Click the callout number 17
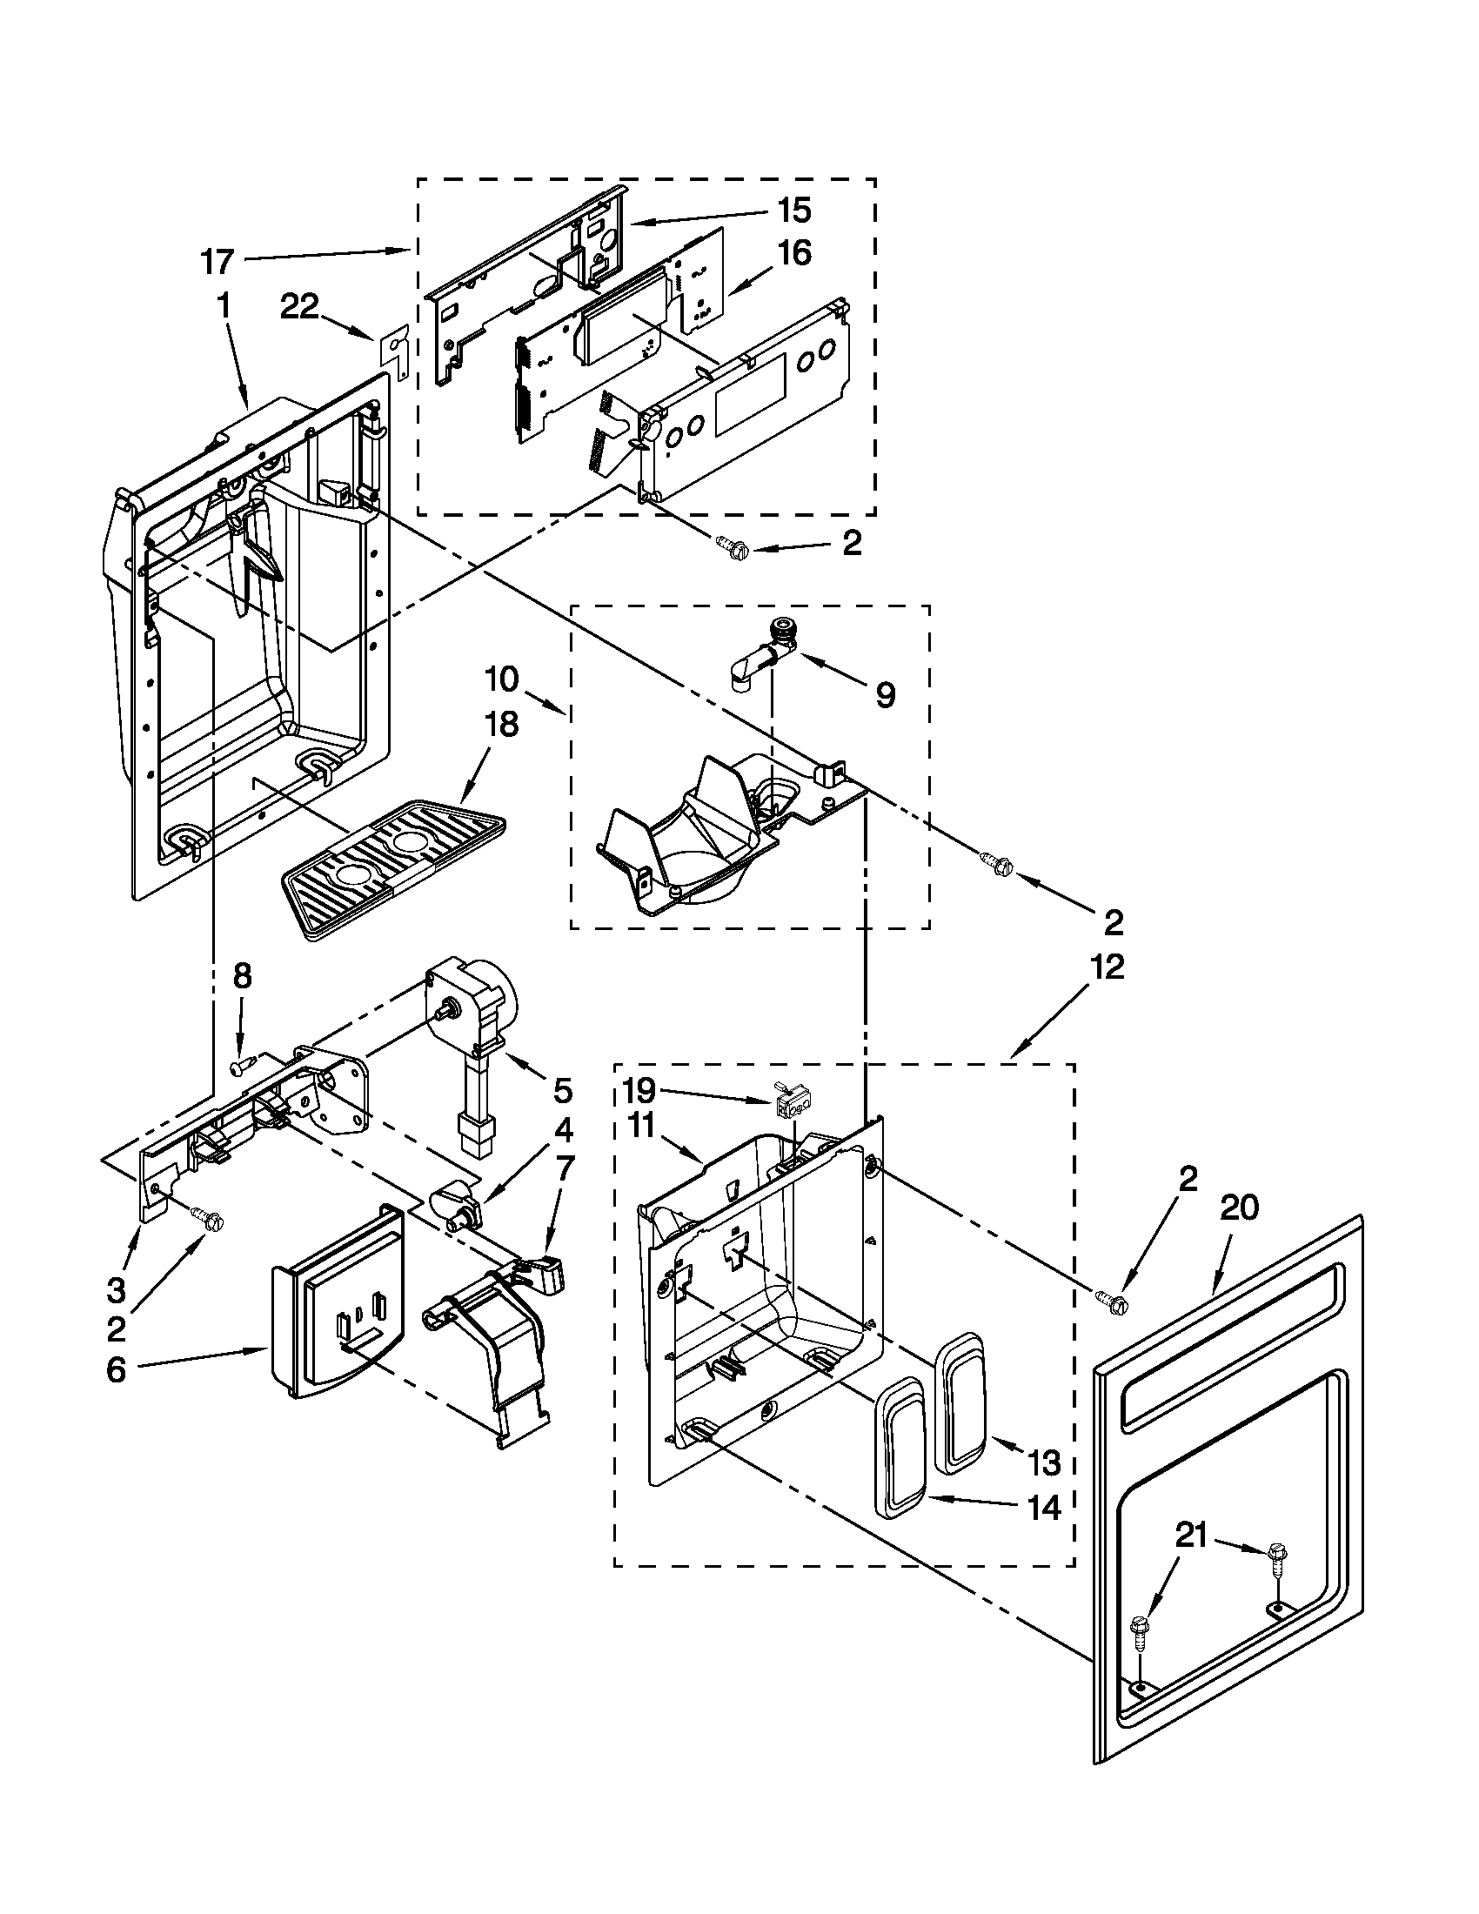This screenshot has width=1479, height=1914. point(217,261)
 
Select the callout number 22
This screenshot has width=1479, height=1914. point(299,309)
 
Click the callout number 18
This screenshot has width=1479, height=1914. point(498,724)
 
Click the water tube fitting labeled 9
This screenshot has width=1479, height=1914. point(765,657)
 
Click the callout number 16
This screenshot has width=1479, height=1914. point(793,253)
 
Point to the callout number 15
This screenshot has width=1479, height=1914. point(793,211)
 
